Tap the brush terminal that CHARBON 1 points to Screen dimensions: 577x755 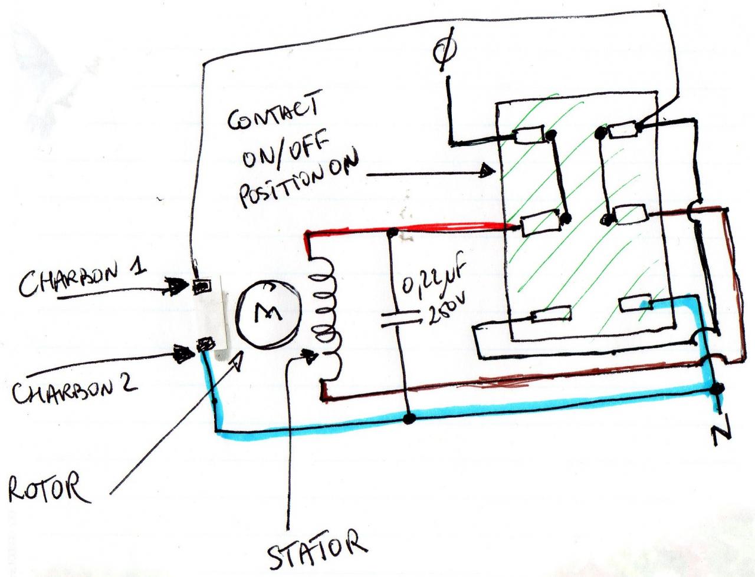point(202,286)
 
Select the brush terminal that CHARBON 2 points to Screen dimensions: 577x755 point(205,343)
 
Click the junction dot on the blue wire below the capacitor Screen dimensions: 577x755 point(408,419)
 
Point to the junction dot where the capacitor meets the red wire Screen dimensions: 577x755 point(390,232)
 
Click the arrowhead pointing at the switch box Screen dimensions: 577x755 point(487,172)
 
